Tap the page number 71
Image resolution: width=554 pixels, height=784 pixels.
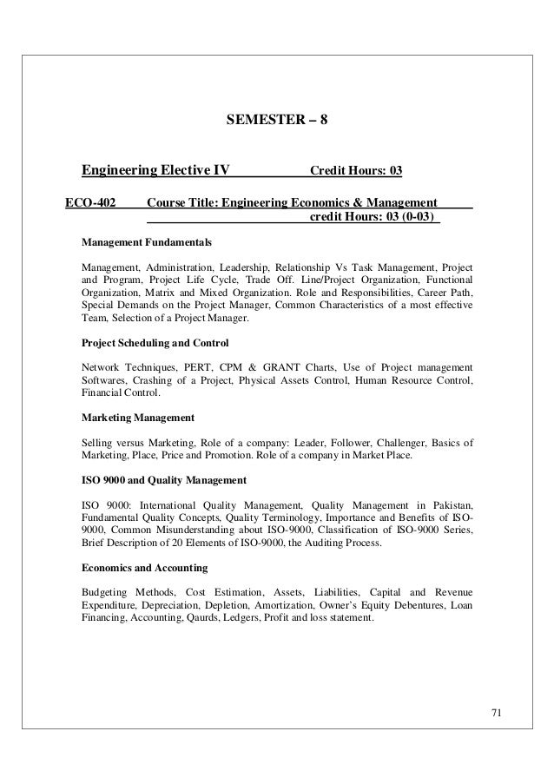[x=496, y=715]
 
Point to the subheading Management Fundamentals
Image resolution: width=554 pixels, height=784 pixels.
[x=145, y=240]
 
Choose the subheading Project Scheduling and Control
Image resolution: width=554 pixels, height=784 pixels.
[x=154, y=340]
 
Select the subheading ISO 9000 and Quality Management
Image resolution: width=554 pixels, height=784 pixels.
[x=163, y=479]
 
